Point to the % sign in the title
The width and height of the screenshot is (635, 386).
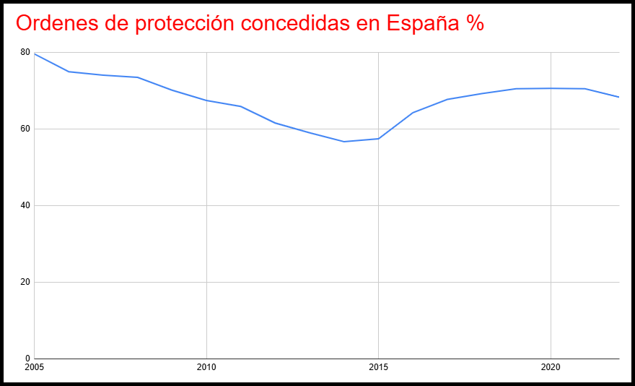click(x=474, y=23)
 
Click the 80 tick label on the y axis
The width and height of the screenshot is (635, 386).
click(x=25, y=53)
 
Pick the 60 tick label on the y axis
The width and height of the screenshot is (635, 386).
click(x=25, y=129)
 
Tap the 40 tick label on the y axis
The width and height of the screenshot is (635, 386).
click(x=25, y=205)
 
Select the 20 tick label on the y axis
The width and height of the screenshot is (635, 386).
click(x=25, y=282)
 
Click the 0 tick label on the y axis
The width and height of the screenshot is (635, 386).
click(x=27, y=359)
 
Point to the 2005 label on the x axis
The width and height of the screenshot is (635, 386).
click(x=34, y=366)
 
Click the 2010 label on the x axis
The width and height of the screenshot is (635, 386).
click(x=206, y=366)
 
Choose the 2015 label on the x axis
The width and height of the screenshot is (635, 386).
click(x=378, y=366)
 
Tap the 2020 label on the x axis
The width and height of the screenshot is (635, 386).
click(x=551, y=366)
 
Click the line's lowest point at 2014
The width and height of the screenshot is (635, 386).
click(x=344, y=142)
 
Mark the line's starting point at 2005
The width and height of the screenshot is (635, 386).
click(x=35, y=54)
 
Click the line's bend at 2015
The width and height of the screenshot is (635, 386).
click(x=378, y=139)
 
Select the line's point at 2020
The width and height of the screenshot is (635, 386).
click(x=551, y=88)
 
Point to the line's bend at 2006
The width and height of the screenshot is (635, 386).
click(x=69, y=72)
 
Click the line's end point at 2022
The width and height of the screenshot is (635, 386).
click(x=619, y=97)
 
